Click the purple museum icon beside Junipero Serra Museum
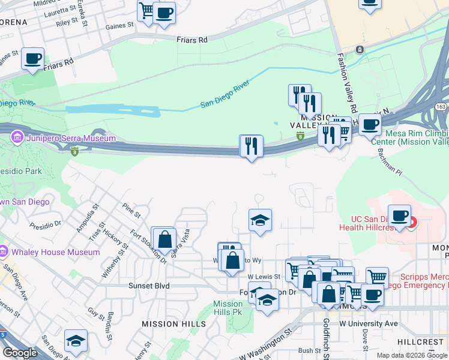(16, 138)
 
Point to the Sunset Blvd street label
(149, 286)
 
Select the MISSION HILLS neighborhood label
(173, 324)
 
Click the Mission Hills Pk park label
(228, 308)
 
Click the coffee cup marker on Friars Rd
(32, 59)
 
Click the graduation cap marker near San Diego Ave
(76, 341)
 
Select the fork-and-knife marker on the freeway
(251, 145)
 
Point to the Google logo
(20, 353)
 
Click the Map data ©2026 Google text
(412, 355)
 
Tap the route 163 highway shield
(441, 107)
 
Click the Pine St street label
(131, 211)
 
